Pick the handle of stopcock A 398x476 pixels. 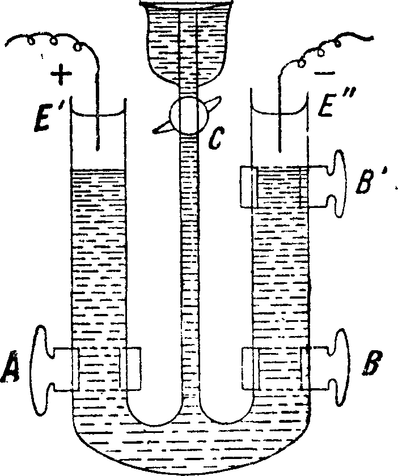40,368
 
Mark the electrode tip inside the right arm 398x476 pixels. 280,150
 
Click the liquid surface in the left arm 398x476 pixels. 97,169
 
